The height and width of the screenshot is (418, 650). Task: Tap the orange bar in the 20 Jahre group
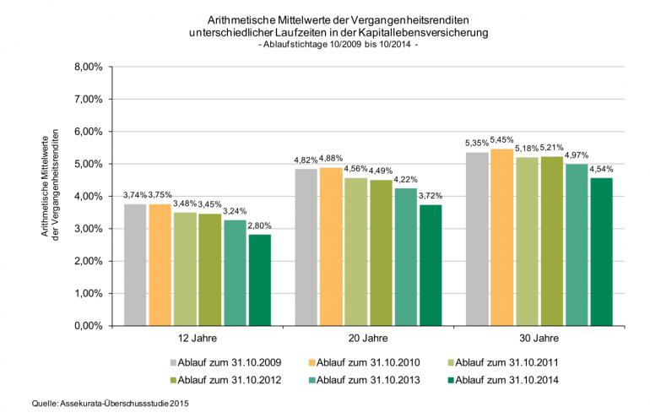coord(331,246)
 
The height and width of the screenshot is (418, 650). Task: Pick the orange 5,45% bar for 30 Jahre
coord(501,237)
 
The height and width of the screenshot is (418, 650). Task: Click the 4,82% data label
coord(306,160)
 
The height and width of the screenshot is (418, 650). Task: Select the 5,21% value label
coord(551,147)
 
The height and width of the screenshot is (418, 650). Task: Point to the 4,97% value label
coord(576,155)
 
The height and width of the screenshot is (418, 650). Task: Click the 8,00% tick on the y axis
coord(89,66)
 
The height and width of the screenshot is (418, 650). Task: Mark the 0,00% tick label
coord(89,325)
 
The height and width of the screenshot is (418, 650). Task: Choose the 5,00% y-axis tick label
coord(89,164)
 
